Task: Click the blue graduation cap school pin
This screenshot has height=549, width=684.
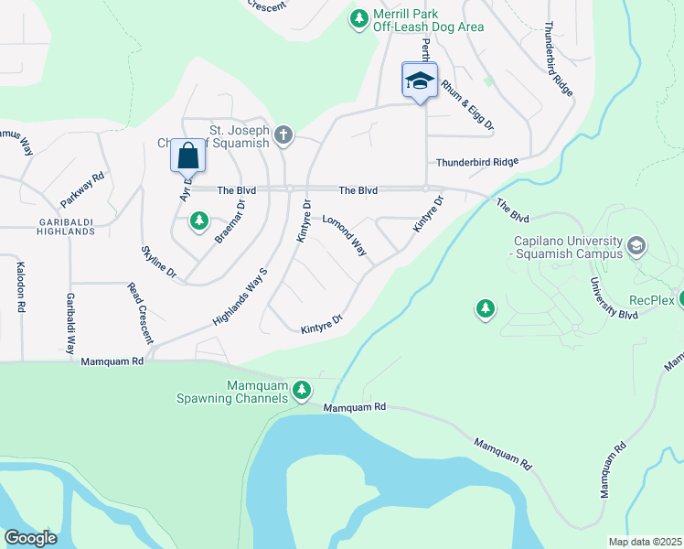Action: pos(420,81)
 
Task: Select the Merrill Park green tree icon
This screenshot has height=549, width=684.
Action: pos(359,18)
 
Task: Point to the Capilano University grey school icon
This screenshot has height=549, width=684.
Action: pos(636,246)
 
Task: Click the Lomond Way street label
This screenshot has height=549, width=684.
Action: pos(344,235)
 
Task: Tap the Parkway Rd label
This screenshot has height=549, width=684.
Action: pos(83,188)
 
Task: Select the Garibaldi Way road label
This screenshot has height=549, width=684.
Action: pos(69,324)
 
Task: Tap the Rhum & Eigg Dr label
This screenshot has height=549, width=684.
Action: pos(466,103)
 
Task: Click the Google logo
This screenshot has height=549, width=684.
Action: pos(31,538)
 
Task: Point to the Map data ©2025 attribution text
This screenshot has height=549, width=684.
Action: pos(645,542)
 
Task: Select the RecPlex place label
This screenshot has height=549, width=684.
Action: pos(651,300)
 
